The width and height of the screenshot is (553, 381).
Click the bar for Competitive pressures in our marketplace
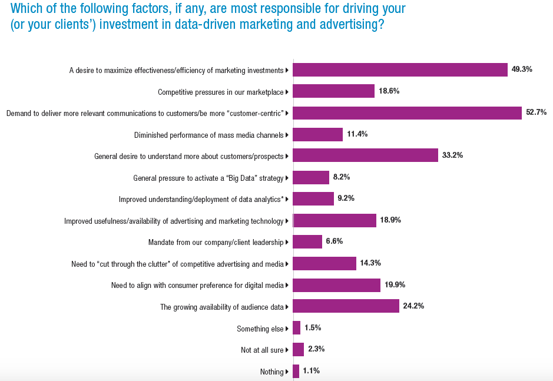tap(333, 91)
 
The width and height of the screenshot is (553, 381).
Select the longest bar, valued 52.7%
tap(407, 112)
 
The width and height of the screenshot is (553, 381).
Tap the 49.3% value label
tap(522, 69)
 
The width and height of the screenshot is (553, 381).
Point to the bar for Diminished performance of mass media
tap(317, 134)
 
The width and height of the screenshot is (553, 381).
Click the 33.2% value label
tap(452, 155)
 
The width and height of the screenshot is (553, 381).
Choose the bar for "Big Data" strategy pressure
tap(311, 177)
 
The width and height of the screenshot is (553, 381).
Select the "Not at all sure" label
tap(262, 350)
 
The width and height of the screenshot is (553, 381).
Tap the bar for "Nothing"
tap(296, 371)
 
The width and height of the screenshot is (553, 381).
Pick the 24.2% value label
tap(413, 306)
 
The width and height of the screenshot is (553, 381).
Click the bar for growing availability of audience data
tap(346, 306)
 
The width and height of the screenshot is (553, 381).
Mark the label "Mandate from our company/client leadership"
tap(216, 241)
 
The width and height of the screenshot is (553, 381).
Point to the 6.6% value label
tap(334, 241)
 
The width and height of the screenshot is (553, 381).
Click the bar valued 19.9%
tap(336, 285)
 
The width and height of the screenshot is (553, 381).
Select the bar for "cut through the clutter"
tap(324, 263)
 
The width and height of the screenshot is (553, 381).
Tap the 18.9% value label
tap(390, 220)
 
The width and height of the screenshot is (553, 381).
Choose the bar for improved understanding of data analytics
tap(313, 199)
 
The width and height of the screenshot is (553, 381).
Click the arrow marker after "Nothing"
tap(287, 372)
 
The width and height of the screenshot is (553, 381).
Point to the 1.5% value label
tap(313, 327)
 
